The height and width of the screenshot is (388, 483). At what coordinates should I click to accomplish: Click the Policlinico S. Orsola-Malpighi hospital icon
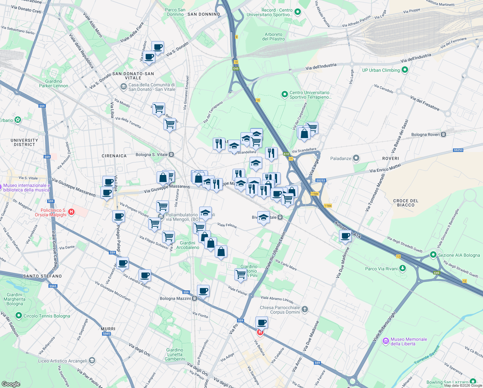(72, 212)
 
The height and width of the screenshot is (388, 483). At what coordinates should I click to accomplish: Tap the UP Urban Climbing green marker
(405, 70)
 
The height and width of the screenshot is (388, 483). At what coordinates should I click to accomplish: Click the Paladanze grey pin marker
(356, 158)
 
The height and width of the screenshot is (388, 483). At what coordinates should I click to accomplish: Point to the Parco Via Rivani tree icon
(402, 268)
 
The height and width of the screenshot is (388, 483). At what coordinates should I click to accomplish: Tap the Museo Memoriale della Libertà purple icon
(385, 341)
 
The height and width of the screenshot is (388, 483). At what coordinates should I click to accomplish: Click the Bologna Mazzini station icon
(195, 298)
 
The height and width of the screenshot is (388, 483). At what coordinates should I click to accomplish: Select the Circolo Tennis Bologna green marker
(19, 316)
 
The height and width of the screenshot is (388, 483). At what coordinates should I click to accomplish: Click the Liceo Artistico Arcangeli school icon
(92, 361)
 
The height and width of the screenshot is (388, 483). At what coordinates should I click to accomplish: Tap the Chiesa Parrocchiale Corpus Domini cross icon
(305, 310)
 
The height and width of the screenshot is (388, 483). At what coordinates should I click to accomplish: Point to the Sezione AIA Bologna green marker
(433, 255)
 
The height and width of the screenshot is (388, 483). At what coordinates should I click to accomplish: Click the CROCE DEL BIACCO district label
(406, 203)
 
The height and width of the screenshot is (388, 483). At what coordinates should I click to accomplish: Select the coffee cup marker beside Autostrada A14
(345, 236)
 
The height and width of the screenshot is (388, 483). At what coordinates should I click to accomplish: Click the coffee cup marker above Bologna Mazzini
(203, 291)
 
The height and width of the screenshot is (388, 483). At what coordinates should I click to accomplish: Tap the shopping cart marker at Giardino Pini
(241, 275)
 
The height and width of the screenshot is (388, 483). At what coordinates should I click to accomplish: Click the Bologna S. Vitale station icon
(171, 155)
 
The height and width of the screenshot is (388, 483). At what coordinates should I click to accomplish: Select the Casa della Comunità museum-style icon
(123, 87)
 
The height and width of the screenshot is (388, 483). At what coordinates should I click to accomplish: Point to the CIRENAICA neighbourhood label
(114, 156)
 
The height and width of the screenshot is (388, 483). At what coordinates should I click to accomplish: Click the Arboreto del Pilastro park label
(273, 37)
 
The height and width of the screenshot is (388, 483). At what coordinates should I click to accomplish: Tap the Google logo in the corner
(11, 384)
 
